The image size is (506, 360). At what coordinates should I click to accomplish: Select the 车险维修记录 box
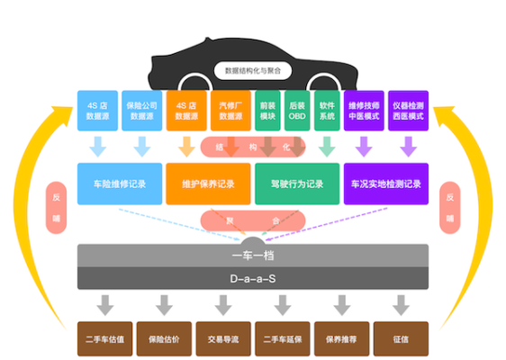click(x=120, y=184)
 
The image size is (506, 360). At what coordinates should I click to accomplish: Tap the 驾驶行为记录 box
click(x=296, y=184)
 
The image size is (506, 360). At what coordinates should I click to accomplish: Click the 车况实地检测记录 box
click(x=385, y=184)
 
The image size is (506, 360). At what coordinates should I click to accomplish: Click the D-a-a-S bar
click(x=253, y=279)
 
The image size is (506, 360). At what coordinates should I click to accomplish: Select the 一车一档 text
click(x=253, y=256)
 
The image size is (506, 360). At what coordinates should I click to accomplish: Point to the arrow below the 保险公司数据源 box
click(x=142, y=145)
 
